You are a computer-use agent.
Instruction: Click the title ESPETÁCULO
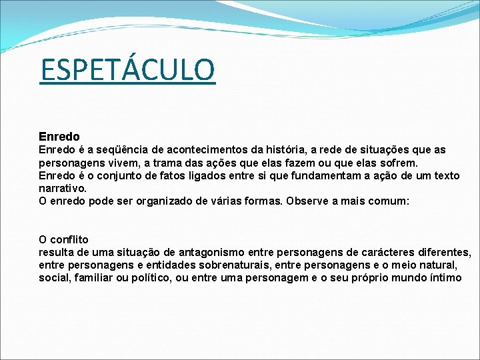[x=127, y=70]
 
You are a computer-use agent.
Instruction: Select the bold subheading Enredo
[x=59, y=137]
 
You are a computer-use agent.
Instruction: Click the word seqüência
[x=122, y=150]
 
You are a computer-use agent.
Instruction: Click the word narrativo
[x=62, y=189]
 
